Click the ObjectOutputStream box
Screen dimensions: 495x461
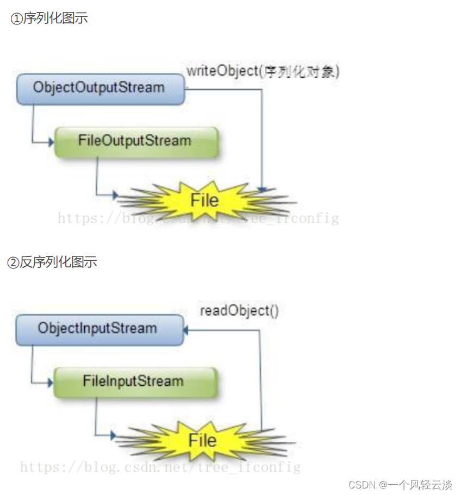[x=100, y=88]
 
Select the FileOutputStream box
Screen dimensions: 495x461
[x=135, y=141]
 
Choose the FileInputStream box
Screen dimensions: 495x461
[x=134, y=381]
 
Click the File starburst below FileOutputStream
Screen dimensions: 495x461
[x=204, y=200]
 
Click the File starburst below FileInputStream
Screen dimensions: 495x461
[x=202, y=440]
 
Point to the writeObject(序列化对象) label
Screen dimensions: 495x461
[x=263, y=72]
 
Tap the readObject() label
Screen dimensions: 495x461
[x=240, y=311]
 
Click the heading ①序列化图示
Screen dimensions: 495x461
[x=49, y=18]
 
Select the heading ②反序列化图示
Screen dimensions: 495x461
[x=52, y=262]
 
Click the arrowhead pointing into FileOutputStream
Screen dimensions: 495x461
[x=51, y=142]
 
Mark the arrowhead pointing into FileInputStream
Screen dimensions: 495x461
[x=50, y=382]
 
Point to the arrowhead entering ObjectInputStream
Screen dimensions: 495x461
[x=186, y=329]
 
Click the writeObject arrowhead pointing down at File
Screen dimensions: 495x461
[x=262, y=190]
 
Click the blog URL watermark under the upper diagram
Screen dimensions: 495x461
[x=198, y=218]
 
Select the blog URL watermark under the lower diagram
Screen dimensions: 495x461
[x=160, y=467]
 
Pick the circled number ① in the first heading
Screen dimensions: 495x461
[x=17, y=19]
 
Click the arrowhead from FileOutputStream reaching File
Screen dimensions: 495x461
[x=115, y=194]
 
